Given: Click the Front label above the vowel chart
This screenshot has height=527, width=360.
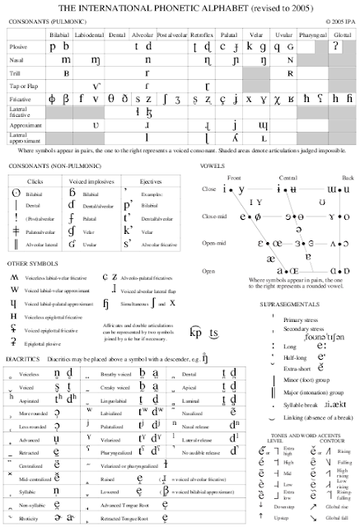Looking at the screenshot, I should point(234,177).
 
